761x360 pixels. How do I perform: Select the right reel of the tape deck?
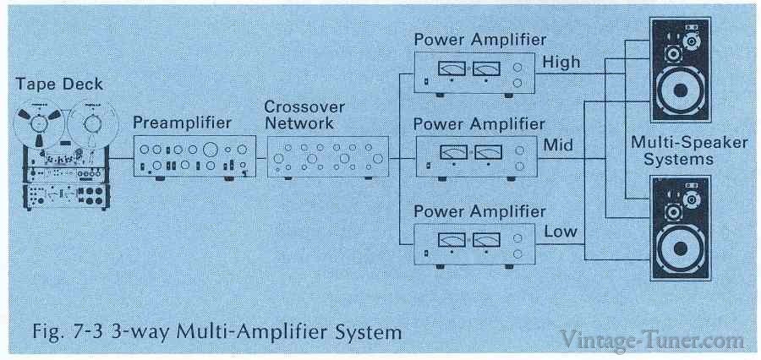pos(90,122)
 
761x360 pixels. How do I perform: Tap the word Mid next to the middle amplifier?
pos(557,145)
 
